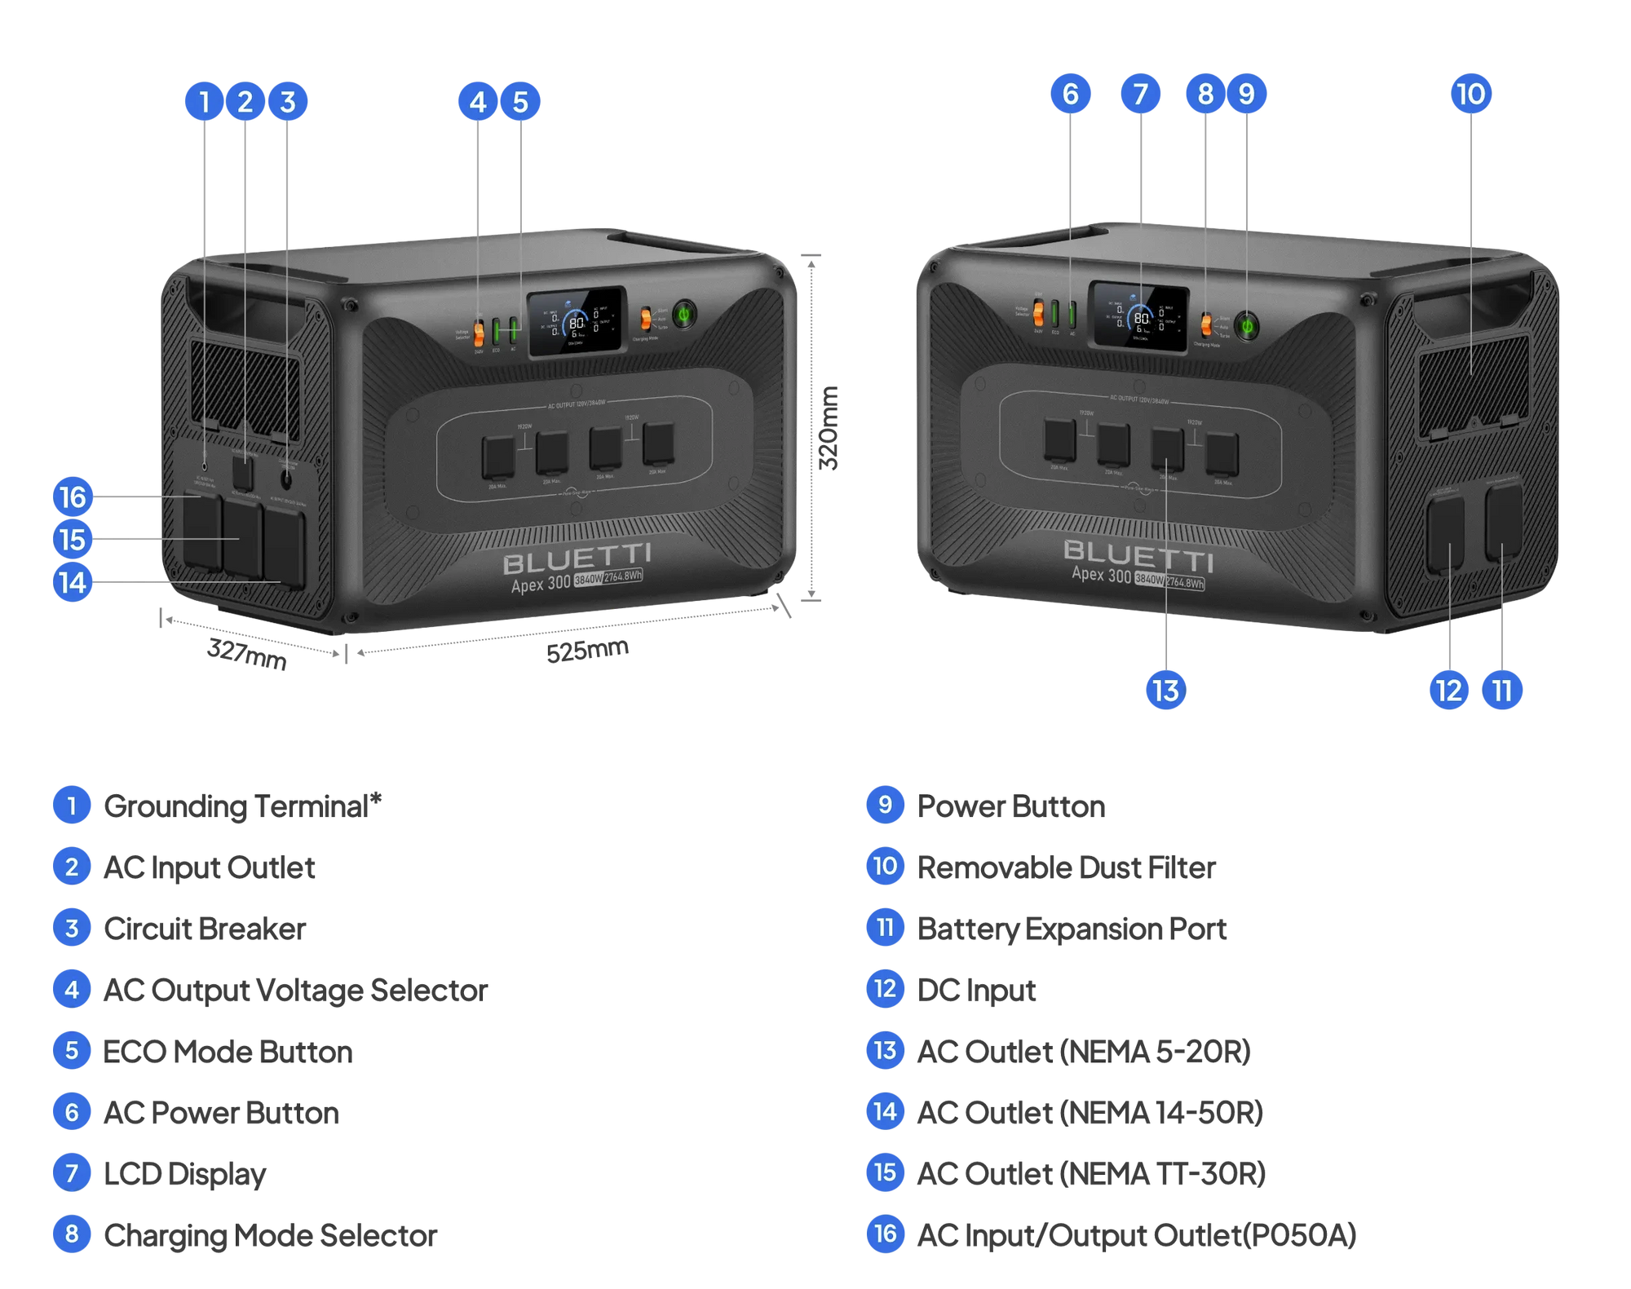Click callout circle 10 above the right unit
[1471, 94]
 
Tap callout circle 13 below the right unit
[1166, 691]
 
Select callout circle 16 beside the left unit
[73, 497]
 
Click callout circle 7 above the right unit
[1140, 94]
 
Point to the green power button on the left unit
[683, 314]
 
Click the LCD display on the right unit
[1139, 318]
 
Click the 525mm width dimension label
[587, 650]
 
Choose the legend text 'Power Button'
[1011, 806]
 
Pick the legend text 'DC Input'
[976, 990]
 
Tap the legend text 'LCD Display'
[185, 1174]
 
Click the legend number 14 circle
[885, 1111]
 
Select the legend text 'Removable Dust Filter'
[1067, 867]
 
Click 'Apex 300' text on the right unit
[1101, 575]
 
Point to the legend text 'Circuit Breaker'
[205, 929]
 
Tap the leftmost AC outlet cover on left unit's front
[497, 457]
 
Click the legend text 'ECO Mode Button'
[228, 1052]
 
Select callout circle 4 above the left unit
[477, 102]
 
